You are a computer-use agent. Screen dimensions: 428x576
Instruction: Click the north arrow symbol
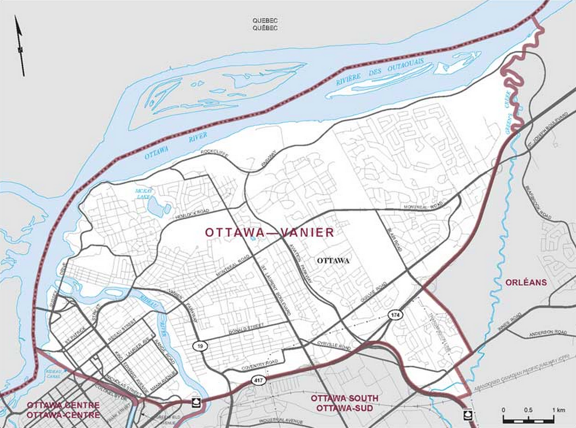click(19, 46)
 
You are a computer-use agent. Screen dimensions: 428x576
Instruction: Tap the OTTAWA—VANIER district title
click(270, 233)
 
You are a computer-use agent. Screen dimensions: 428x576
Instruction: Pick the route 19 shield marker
click(198, 346)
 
